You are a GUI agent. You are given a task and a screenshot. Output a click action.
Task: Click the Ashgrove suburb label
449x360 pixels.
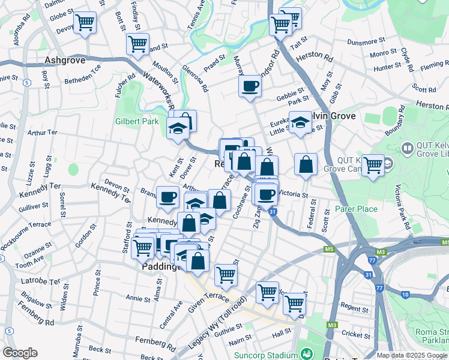pyautogui.click(x=64, y=61)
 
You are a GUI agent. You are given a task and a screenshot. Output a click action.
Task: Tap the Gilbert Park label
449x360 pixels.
pyautogui.click(x=137, y=121)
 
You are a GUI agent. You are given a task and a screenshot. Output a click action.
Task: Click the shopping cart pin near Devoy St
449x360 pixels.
pyautogui.click(x=85, y=23)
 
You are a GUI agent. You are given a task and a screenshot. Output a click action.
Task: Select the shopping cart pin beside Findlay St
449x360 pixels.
pyautogui.click(x=138, y=44)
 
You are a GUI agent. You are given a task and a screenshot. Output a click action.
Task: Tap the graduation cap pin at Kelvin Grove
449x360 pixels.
pyautogui.click(x=300, y=123)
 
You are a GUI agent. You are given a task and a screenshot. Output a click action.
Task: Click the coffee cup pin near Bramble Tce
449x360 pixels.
pyautogui.click(x=168, y=196)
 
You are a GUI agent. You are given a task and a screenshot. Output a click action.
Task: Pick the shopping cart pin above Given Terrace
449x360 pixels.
pyautogui.click(x=226, y=274)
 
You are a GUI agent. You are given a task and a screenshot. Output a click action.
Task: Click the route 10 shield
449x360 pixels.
pyautogui.click(x=406, y=295)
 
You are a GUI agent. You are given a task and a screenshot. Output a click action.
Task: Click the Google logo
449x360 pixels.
pyautogui.click(x=20, y=353)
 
